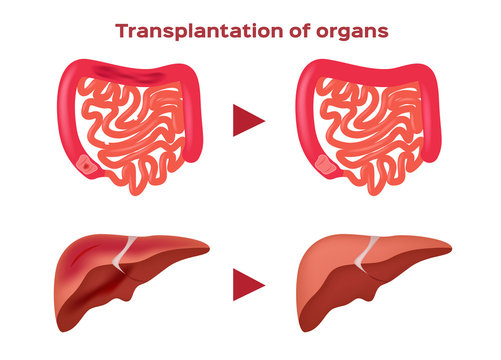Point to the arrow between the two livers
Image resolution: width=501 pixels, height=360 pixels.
248,283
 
